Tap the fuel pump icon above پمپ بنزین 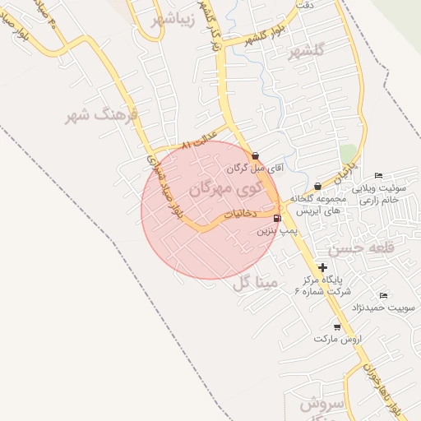tap(276, 218)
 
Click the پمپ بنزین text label tap(276, 232)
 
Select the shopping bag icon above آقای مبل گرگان tap(255, 155)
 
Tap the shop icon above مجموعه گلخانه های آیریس tap(317, 187)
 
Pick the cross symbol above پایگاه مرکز tap(322, 267)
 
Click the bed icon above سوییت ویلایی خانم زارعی tap(378, 175)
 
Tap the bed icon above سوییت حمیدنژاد tap(383, 295)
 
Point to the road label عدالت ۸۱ tap(198, 142)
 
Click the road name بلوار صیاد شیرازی tap(163, 186)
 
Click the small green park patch tap(349, 154)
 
